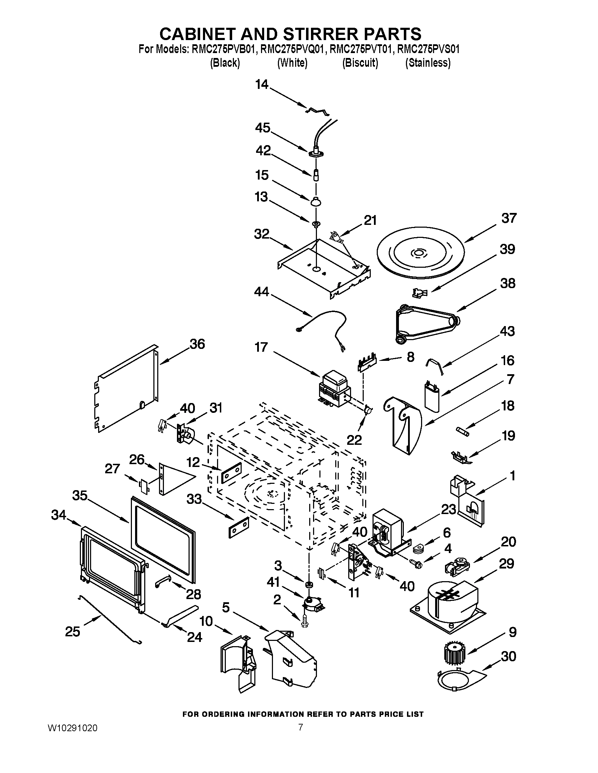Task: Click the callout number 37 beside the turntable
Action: [x=509, y=218]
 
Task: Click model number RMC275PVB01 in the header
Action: [x=224, y=49]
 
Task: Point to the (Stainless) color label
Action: [x=428, y=63]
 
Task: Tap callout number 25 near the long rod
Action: [x=72, y=631]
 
